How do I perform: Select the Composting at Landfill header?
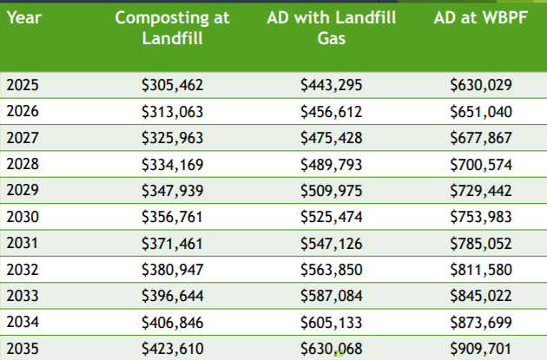pos(173,29)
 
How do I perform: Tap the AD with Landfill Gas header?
pos(331,29)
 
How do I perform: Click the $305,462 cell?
pos(173,85)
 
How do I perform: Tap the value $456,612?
pos(331,111)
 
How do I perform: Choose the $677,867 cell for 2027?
pos(481,138)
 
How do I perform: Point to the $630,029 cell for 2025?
pos(481,85)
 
